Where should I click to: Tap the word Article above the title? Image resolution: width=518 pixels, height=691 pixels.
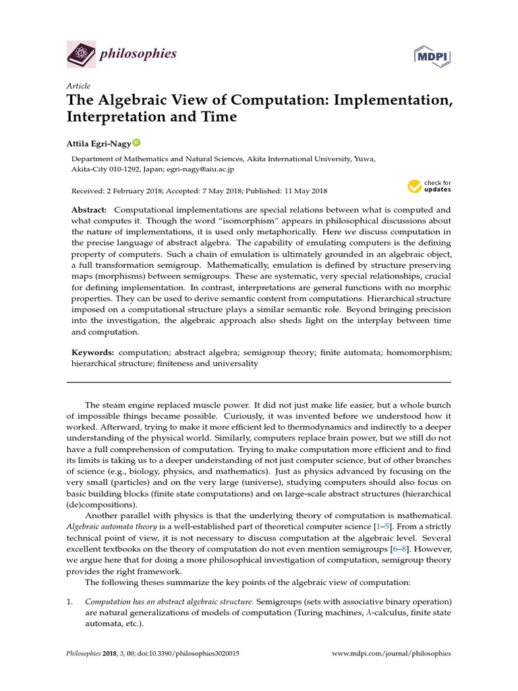coord(78,86)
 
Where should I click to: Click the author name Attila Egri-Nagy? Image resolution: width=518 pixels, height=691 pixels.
coord(98,144)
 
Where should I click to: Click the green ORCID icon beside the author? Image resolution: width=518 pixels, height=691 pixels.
coord(136,143)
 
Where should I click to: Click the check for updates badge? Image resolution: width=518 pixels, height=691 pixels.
coord(429,186)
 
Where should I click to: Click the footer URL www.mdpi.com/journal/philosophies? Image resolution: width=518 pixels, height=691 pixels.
coord(393,654)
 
